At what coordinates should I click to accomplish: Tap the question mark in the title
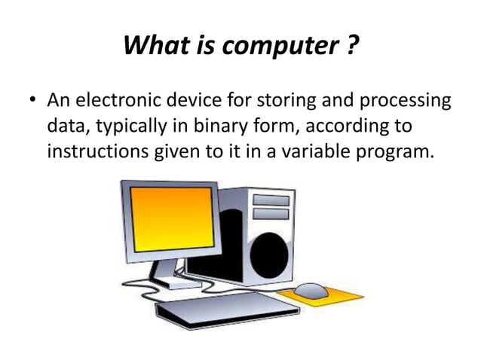[351, 47]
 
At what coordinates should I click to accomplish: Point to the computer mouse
[310, 289]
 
